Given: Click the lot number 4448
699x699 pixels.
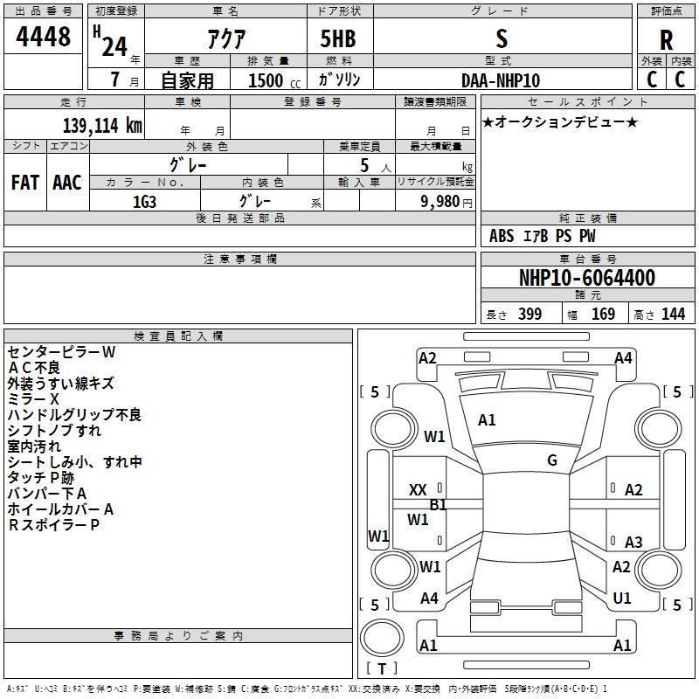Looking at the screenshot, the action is point(43,37).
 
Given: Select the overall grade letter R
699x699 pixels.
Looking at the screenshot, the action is point(666,40).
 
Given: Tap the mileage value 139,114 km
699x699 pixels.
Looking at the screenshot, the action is point(102,125).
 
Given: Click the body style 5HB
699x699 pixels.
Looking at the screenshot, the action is point(338,38).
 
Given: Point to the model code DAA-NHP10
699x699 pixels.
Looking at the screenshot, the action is point(501,80).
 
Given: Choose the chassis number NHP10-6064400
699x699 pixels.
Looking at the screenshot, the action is point(587,278).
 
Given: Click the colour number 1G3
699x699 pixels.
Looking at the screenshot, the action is point(144,202).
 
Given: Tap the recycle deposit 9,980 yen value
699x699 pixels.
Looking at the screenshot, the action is point(446,202).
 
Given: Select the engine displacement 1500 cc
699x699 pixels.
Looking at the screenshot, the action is point(274,80).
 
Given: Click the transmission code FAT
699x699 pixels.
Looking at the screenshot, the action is point(25,183).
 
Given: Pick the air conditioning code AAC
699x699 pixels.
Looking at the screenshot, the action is point(67,183).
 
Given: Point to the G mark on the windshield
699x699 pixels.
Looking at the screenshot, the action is point(552,460).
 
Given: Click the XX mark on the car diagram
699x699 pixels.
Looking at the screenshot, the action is point(418,490).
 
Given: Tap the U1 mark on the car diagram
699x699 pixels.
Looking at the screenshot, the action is point(622,599).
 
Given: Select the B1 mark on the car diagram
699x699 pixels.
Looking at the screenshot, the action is point(438,505).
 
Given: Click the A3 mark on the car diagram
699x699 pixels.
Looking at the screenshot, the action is point(633,542).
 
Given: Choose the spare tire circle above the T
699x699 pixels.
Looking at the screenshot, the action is point(382,637).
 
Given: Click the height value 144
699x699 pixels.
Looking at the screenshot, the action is point(673,315).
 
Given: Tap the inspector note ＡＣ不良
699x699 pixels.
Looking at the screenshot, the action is point(34,368).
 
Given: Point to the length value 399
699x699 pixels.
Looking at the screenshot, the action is point(530,315).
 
